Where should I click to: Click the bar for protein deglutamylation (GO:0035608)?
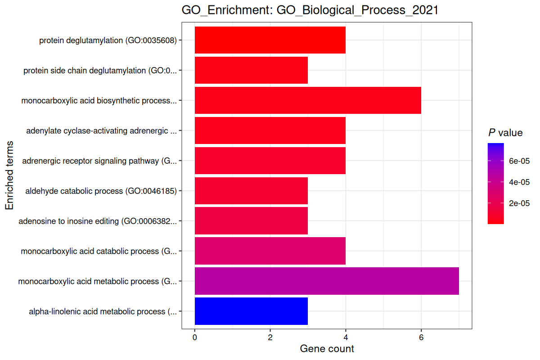[270, 40]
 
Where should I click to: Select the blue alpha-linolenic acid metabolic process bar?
[251, 311]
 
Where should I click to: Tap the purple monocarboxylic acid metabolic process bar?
[327, 281]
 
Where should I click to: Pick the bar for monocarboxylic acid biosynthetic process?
[308, 100]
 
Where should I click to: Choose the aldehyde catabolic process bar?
[251, 191]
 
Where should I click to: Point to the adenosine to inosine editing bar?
[251, 221]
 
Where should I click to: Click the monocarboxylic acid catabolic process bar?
[270, 251]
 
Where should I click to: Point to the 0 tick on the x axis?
[195, 337]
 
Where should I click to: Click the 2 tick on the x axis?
[270, 337]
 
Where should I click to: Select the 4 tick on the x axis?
[346, 337]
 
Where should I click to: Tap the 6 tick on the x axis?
[421, 337]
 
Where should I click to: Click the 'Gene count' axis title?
[327, 349]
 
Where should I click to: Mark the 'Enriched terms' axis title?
[9, 175]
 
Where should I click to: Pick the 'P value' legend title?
[505, 133]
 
